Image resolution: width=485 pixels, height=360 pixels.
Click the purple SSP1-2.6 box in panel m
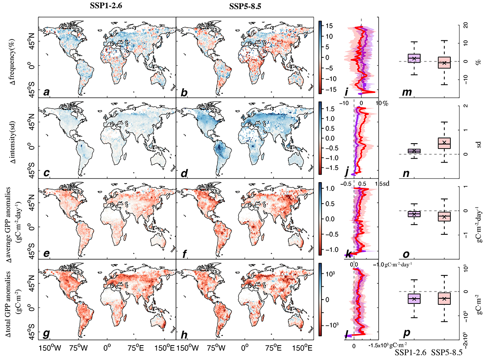tap(414, 58)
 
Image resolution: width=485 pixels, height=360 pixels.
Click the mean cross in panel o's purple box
tap(414, 214)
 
